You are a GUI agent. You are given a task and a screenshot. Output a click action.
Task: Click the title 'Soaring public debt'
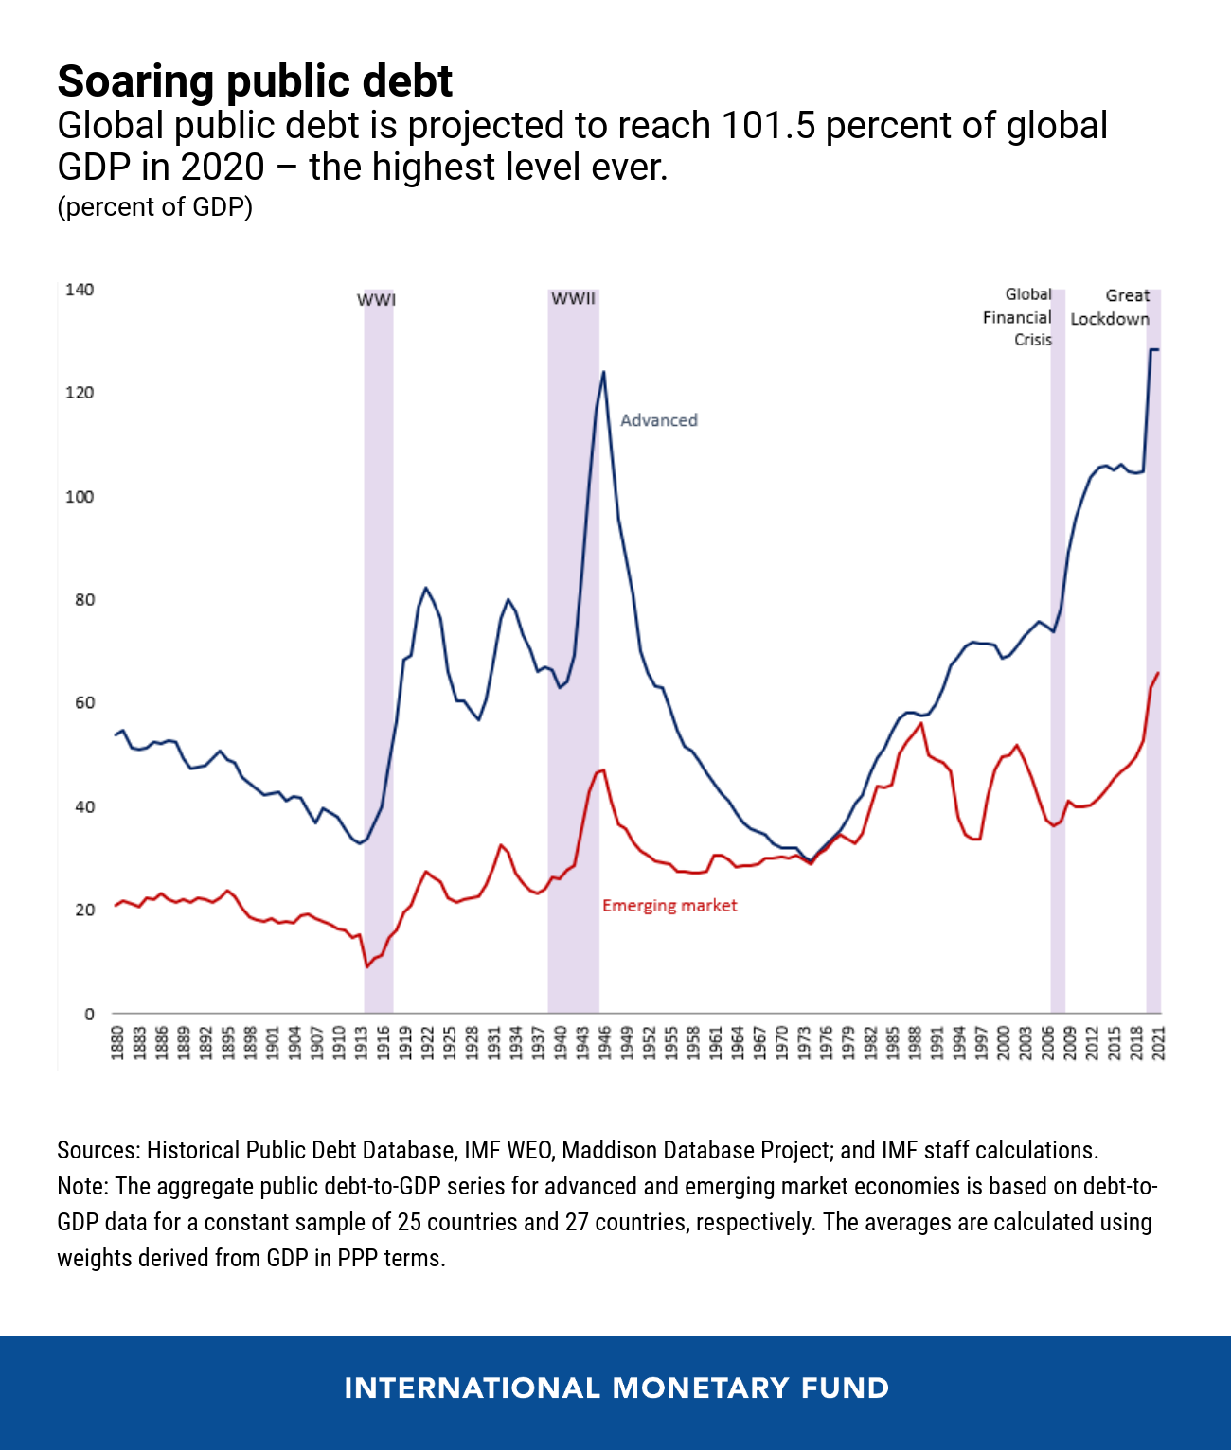[x=255, y=81]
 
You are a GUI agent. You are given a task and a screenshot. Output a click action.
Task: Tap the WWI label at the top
[x=376, y=300]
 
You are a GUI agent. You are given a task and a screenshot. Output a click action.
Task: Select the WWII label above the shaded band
[x=573, y=298]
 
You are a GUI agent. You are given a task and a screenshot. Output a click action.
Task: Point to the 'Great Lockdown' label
[x=1111, y=308]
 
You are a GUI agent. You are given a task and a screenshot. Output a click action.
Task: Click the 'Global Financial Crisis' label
[x=1018, y=317]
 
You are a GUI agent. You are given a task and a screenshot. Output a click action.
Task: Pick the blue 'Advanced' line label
[x=659, y=420]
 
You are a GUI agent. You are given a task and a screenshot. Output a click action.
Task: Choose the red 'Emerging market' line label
[x=669, y=906]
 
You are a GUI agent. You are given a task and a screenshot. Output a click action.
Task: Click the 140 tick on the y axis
[x=80, y=290]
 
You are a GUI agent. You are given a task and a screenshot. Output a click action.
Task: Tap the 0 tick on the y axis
[x=89, y=1014]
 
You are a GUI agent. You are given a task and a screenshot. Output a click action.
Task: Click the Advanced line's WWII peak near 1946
[x=603, y=372]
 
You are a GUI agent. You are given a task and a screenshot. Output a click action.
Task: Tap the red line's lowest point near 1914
[x=366, y=966]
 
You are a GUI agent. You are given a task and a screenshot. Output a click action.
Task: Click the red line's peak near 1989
[x=920, y=723]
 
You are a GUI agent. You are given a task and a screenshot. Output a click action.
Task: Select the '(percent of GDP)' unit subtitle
[x=155, y=206]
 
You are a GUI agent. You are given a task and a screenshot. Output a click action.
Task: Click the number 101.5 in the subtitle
[x=768, y=126]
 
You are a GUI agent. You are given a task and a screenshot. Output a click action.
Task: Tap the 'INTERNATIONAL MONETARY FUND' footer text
[x=616, y=1388]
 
